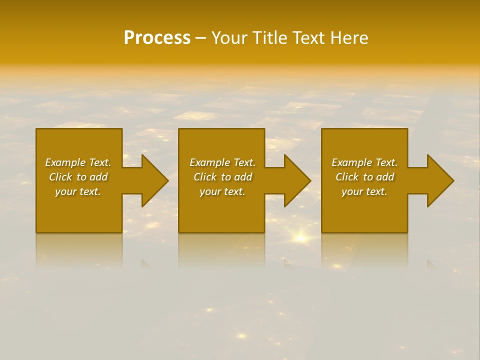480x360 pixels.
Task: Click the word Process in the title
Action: (157, 38)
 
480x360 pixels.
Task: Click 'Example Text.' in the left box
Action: (78, 162)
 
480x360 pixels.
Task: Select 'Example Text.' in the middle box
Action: (222, 162)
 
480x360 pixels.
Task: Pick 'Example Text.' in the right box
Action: (364, 162)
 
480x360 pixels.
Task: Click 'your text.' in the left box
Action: (78, 191)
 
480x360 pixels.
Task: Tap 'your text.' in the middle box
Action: (222, 191)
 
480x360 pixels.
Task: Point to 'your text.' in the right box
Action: (364, 191)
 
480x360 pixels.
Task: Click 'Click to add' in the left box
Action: (78, 177)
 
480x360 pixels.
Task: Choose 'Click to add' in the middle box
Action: (222, 177)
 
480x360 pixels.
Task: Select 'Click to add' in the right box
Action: (364, 177)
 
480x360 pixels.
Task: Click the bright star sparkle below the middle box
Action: (300, 238)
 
